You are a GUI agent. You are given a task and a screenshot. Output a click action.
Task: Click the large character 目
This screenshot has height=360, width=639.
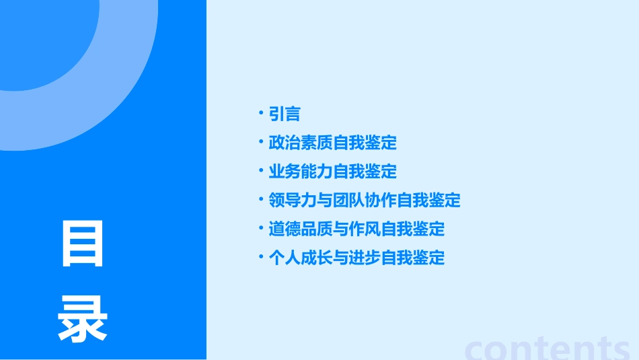point(83,244)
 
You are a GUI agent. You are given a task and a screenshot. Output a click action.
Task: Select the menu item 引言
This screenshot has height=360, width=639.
point(285,114)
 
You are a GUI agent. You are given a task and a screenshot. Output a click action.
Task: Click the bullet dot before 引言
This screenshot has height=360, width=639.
point(261,113)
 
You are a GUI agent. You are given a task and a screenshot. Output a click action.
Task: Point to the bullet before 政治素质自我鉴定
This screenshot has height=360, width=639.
point(261,141)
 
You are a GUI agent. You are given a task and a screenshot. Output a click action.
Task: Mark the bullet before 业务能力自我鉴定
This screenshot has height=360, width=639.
point(261,170)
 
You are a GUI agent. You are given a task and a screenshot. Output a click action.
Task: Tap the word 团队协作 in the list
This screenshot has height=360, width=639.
point(365,201)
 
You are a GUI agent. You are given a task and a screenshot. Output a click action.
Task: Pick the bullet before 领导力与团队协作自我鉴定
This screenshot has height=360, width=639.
point(261,199)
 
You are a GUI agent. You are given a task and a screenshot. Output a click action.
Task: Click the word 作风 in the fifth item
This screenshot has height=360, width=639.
point(365,229)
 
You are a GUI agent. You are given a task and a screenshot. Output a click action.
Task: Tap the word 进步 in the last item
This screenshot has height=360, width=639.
point(365,258)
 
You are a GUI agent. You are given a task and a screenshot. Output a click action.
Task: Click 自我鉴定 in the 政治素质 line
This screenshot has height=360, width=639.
point(365,143)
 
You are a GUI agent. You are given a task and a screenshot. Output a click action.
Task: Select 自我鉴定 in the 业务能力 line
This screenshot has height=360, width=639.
point(365,172)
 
